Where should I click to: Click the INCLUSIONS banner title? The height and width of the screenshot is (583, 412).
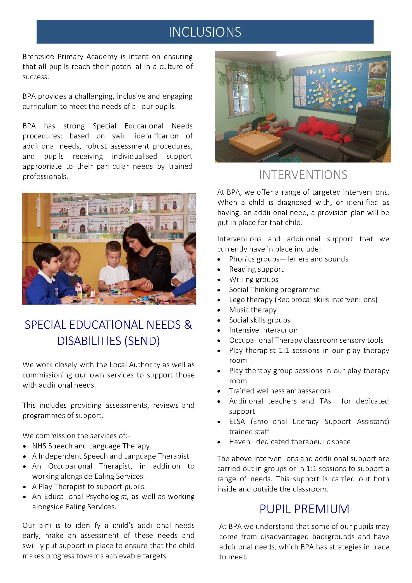click(205, 32)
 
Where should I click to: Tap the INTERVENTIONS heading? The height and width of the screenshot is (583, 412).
click(303, 175)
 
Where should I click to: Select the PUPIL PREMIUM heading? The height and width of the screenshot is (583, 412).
click(304, 509)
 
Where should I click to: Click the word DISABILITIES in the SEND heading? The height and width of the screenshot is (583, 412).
click(89, 341)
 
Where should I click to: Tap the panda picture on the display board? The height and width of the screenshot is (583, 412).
click(378, 70)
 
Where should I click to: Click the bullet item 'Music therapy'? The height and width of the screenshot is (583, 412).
click(253, 310)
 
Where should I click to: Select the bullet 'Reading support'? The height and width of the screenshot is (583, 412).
click(256, 269)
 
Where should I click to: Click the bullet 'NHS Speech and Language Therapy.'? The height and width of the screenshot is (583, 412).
click(91, 446)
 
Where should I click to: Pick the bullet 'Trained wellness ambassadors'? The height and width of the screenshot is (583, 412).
click(279, 391)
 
